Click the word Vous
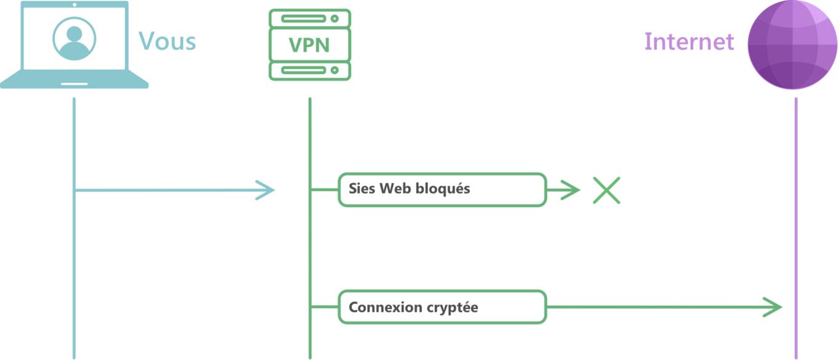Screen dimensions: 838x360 click(x=167, y=41)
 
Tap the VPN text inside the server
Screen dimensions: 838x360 click(x=309, y=45)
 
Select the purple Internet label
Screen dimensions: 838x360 click(x=689, y=41)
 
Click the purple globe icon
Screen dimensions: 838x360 click(x=792, y=44)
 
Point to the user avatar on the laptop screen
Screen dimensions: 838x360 click(x=74, y=39)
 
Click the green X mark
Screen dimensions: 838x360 click(x=606, y=190)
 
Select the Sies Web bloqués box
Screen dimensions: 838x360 click(x=442, y=190)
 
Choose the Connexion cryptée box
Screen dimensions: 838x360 click(x=442, y=307)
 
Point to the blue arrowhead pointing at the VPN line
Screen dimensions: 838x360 click(x=266, y=190)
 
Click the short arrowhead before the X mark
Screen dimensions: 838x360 click(x=570, y=190)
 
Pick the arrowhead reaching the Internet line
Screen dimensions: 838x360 click(x=772, y=307)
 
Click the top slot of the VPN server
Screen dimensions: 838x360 click(x=303, y=18)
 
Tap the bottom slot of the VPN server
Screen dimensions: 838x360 click(x=303, y=70)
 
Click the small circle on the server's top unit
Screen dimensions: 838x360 click(x=335, y=18)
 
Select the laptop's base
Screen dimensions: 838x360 click(x=74, y=80)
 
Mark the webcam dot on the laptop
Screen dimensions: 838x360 click(x=75, y=4)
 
